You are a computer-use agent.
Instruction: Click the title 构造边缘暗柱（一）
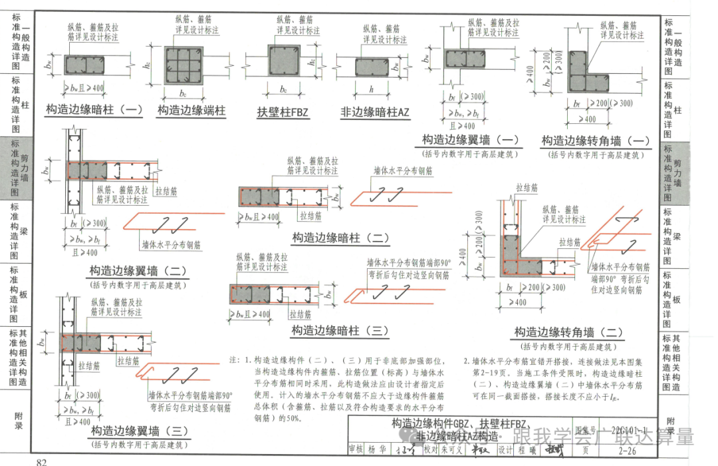point(94,110)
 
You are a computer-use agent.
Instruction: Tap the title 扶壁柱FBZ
point(283,111)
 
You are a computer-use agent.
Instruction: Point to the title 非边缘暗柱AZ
point(375,111)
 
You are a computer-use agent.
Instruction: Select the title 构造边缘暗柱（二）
point(340,238)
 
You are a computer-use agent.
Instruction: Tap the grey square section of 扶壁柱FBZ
point(284,62)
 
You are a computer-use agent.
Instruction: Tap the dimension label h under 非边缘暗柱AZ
point(372,89)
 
